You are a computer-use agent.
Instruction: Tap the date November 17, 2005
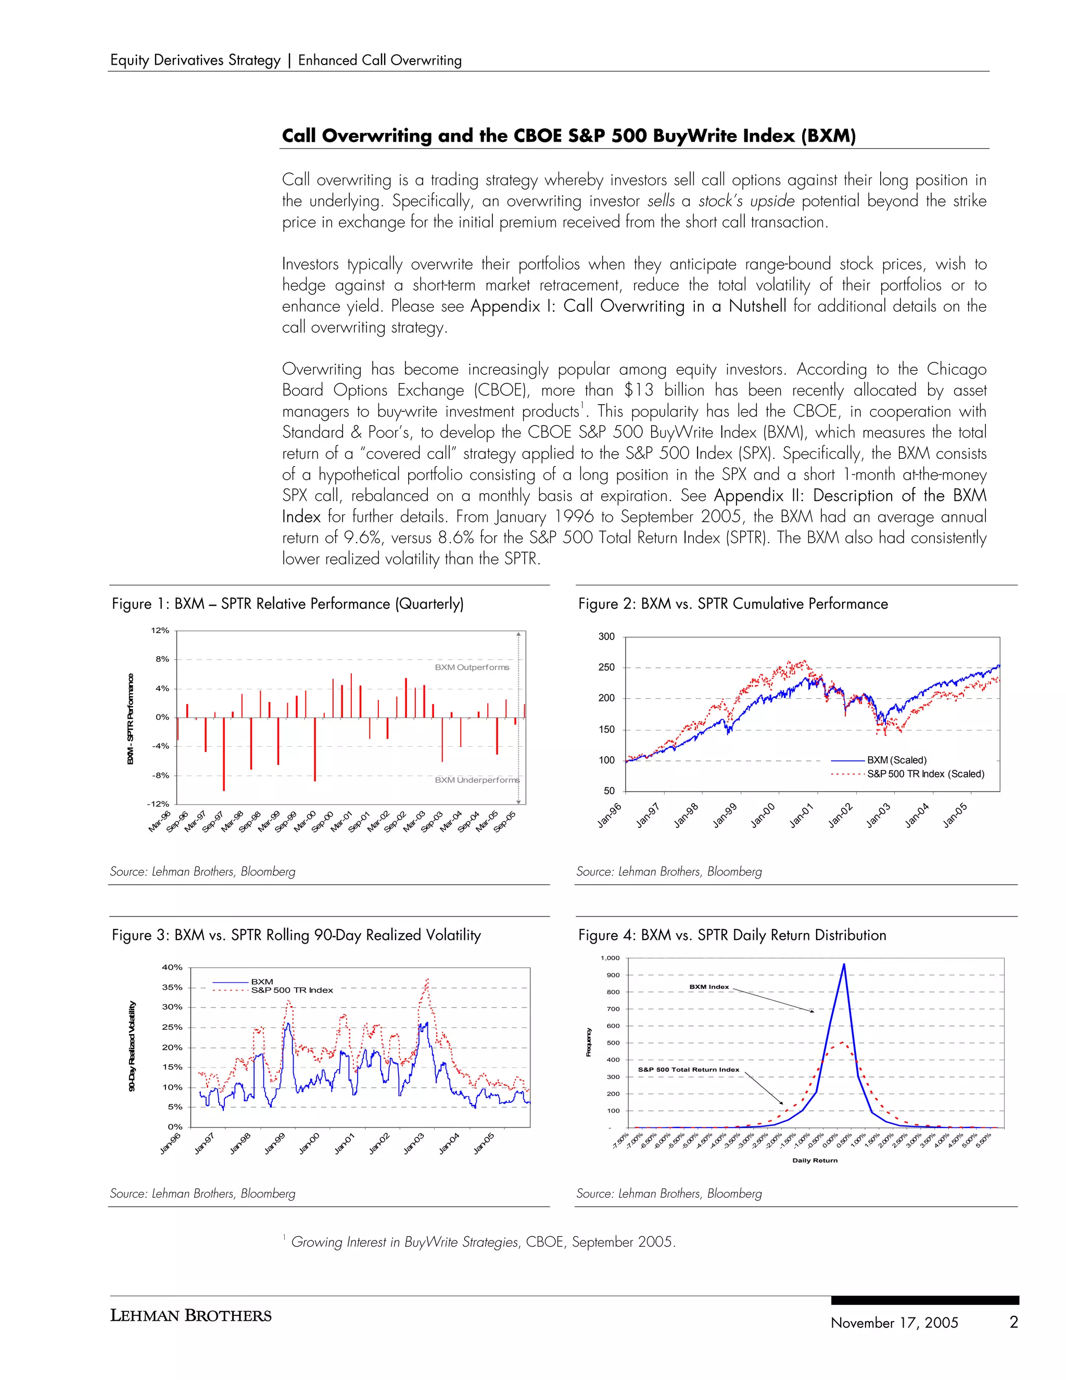coord(894,1323)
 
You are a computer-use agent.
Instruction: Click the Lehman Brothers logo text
coord(191,1315)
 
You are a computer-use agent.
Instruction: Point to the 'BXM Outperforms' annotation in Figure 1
coord(472,667)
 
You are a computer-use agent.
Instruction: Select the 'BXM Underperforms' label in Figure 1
coord(477,780)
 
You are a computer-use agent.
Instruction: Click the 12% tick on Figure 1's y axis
coord(160,631)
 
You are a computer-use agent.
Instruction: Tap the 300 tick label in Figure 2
coord(606,637)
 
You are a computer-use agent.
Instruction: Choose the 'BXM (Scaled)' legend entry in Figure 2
coord(896,760)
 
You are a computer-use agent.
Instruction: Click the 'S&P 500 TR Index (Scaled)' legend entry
coord(925,774)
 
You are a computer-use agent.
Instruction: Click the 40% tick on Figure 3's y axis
coord(172,968)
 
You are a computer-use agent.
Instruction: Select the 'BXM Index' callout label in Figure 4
coord(708,987)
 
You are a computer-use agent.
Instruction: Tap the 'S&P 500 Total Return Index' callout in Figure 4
coord(688,1070)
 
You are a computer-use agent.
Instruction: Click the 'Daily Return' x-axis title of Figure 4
coord(815,1160)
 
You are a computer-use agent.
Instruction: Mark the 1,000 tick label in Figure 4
coord(610,958)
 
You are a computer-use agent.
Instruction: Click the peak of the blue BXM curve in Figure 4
coord(844,965)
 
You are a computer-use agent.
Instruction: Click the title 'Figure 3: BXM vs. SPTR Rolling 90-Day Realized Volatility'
coord(296,935)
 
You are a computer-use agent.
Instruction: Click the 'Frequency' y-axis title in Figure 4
coord(589,1042)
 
